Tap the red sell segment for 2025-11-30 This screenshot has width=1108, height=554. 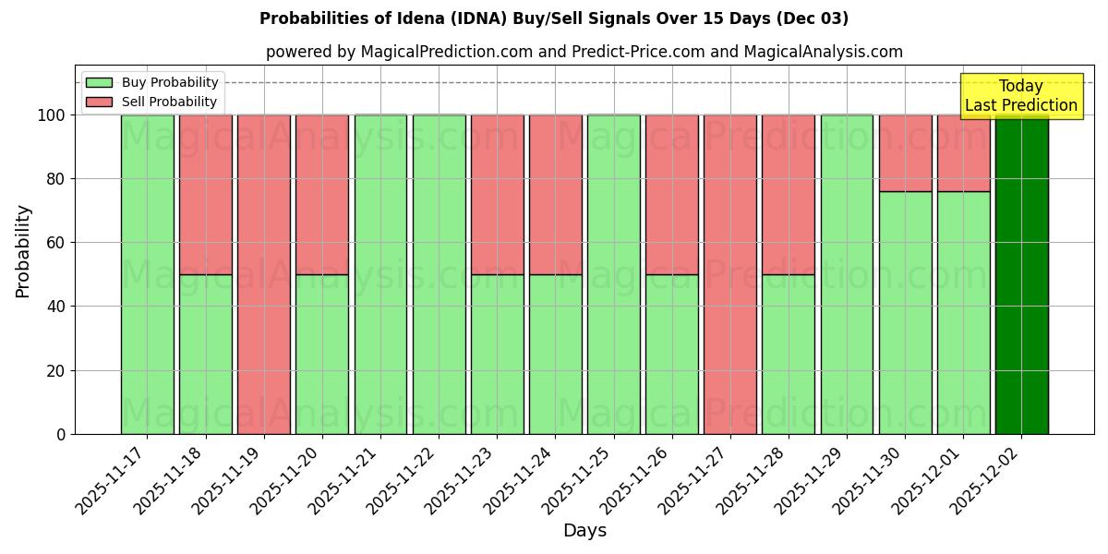[905, 153]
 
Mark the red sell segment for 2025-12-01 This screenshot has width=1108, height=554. [963, 153]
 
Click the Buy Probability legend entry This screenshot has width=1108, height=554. [151, 82]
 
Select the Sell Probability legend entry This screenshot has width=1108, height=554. [151, 102]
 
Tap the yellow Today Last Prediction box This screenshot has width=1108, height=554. [1020, 96]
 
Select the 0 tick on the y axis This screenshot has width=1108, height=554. [61, 434]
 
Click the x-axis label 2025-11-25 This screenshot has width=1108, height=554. [577, 480]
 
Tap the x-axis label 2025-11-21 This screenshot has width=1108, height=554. [344, 480]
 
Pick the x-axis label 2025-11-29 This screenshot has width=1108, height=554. [810, 480]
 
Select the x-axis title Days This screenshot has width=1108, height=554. [584, 531]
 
